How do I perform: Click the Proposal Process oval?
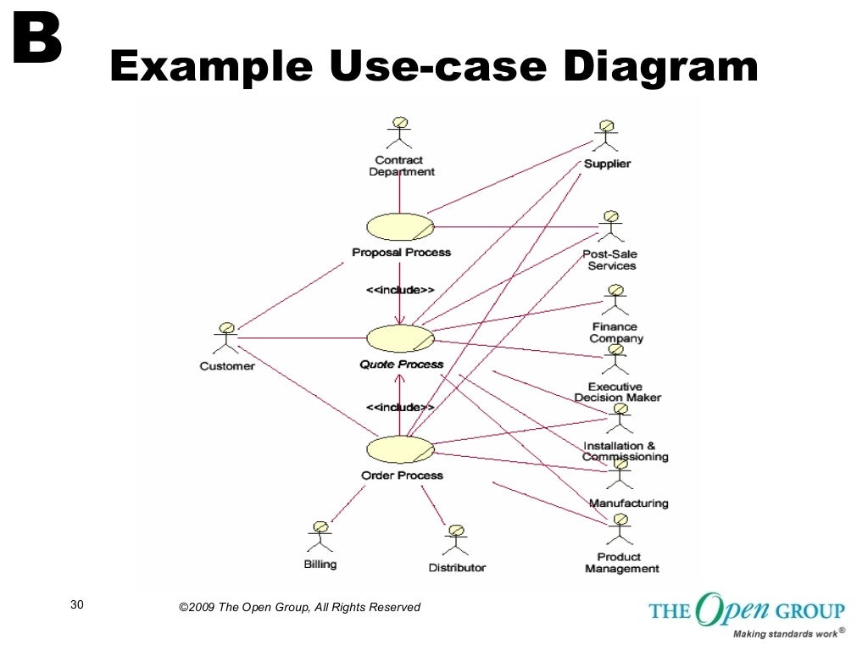(400, 227)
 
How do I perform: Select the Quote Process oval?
(400, 339)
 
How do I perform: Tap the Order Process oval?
(400, 449)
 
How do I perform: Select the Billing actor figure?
(320, 537)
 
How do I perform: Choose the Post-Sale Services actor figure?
(610, 226)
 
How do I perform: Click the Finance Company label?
(616, 332)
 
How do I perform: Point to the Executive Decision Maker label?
(617, 392)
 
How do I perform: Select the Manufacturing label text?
(628, 503)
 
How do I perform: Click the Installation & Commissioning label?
(625, 451)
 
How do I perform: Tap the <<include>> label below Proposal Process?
(400, 290)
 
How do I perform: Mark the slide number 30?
(77, 604)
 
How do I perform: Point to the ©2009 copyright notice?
(299, 607)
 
